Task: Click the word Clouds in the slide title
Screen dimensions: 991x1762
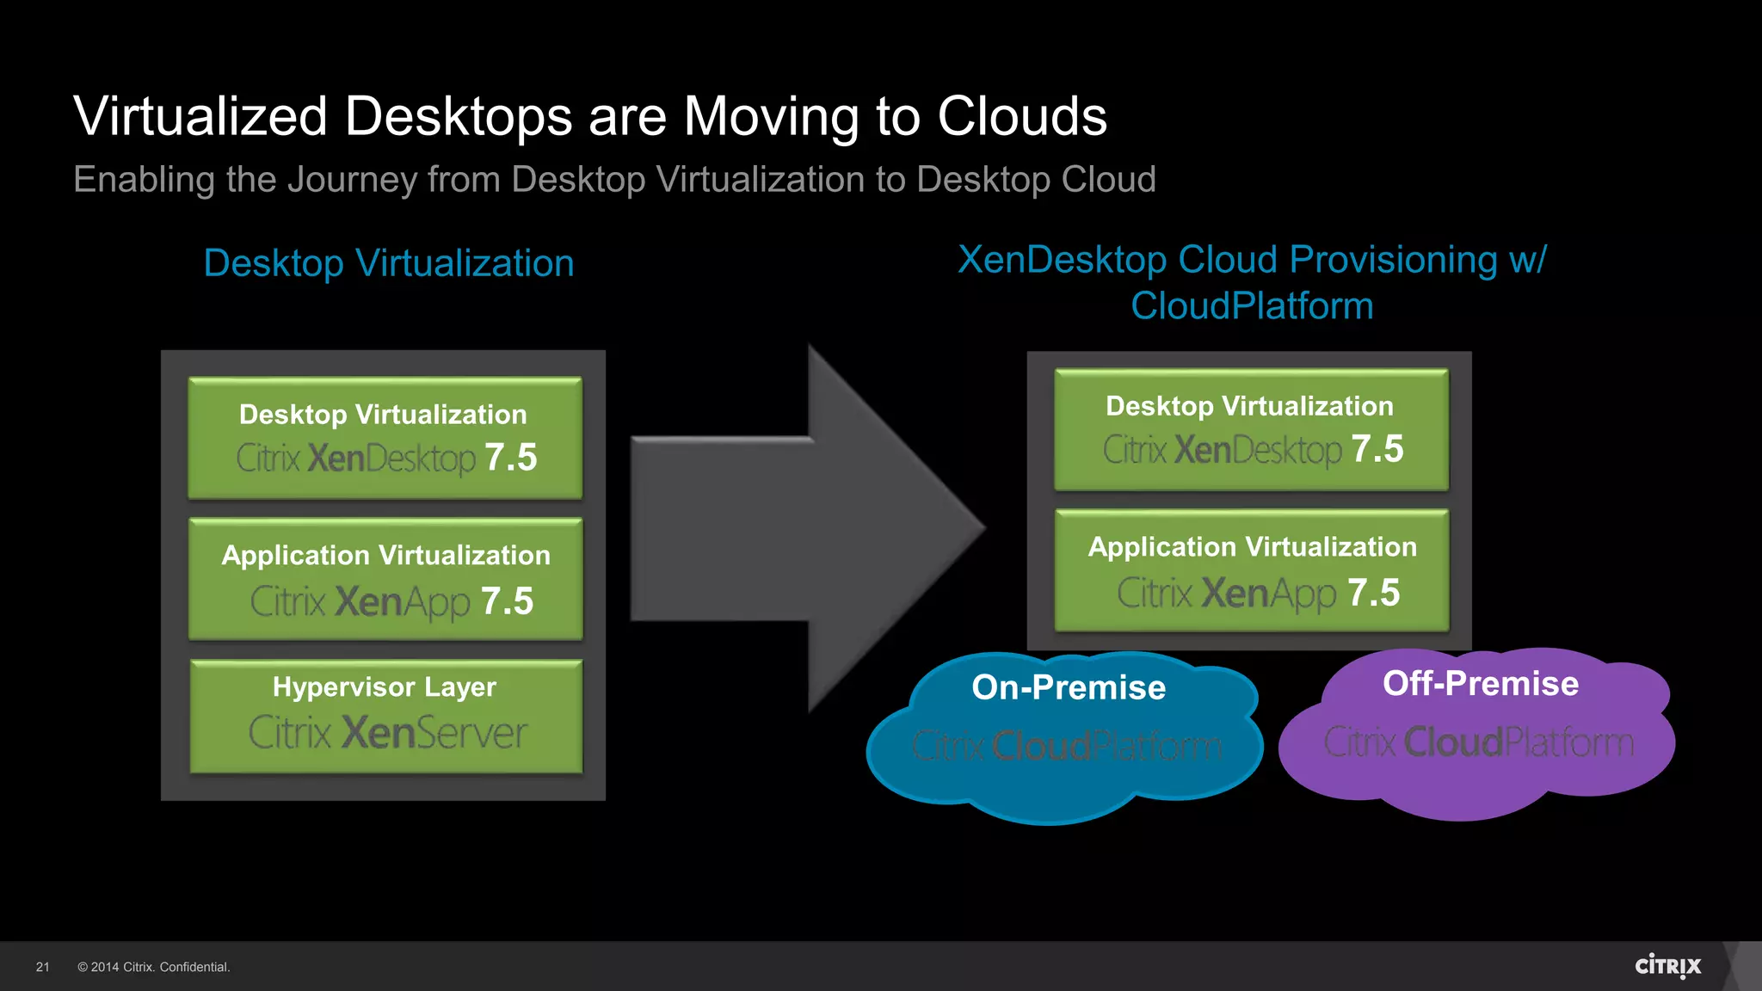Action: point(1021,116)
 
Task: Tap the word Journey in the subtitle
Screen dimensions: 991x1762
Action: point(351,181)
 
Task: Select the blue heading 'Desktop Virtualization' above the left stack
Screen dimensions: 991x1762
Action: point(389,263)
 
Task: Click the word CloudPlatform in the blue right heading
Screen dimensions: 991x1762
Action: point(1252,306)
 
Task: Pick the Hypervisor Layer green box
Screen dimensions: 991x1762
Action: point(385,716)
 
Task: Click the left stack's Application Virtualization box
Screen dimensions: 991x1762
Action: point(385,578)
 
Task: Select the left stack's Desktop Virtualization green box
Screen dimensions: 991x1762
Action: point(385,438)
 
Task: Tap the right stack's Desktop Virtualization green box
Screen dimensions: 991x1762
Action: point(1251,429)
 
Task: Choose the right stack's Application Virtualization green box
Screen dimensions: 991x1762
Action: point(1251,570)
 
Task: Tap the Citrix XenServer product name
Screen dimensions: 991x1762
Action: point(388,734)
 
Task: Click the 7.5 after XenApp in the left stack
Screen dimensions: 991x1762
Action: point(508,601)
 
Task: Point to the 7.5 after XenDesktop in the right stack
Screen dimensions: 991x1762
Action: point(1377,449)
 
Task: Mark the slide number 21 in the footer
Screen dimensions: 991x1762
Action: point(42,967)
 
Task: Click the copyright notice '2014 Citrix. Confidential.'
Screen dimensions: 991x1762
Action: point(154,967)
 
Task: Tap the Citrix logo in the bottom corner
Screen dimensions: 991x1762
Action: point(1667,966)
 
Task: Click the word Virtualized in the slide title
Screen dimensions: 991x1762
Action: point(200,116)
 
